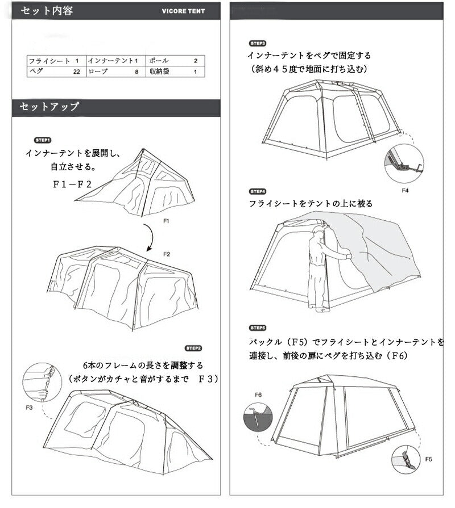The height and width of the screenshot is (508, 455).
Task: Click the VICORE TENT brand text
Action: (x=183, y=11)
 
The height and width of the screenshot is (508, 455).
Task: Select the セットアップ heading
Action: (x=49, y=107)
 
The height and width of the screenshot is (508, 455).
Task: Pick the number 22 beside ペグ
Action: (x=76, y=72)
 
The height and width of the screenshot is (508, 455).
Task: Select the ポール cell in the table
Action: (x=158, y=61)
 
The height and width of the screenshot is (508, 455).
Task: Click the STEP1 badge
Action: (x=43, y=140)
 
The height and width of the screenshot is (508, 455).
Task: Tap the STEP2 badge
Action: (x=193, y=348)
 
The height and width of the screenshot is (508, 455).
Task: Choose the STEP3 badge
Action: (x=258, y=43)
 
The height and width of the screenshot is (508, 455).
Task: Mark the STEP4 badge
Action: (x=258, y=191)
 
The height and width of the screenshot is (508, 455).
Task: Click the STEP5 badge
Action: (x=258, y=328)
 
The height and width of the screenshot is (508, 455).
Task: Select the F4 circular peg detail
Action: (x=403, y=163)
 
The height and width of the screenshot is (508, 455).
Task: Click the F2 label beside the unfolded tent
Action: (x=167, y=254)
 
